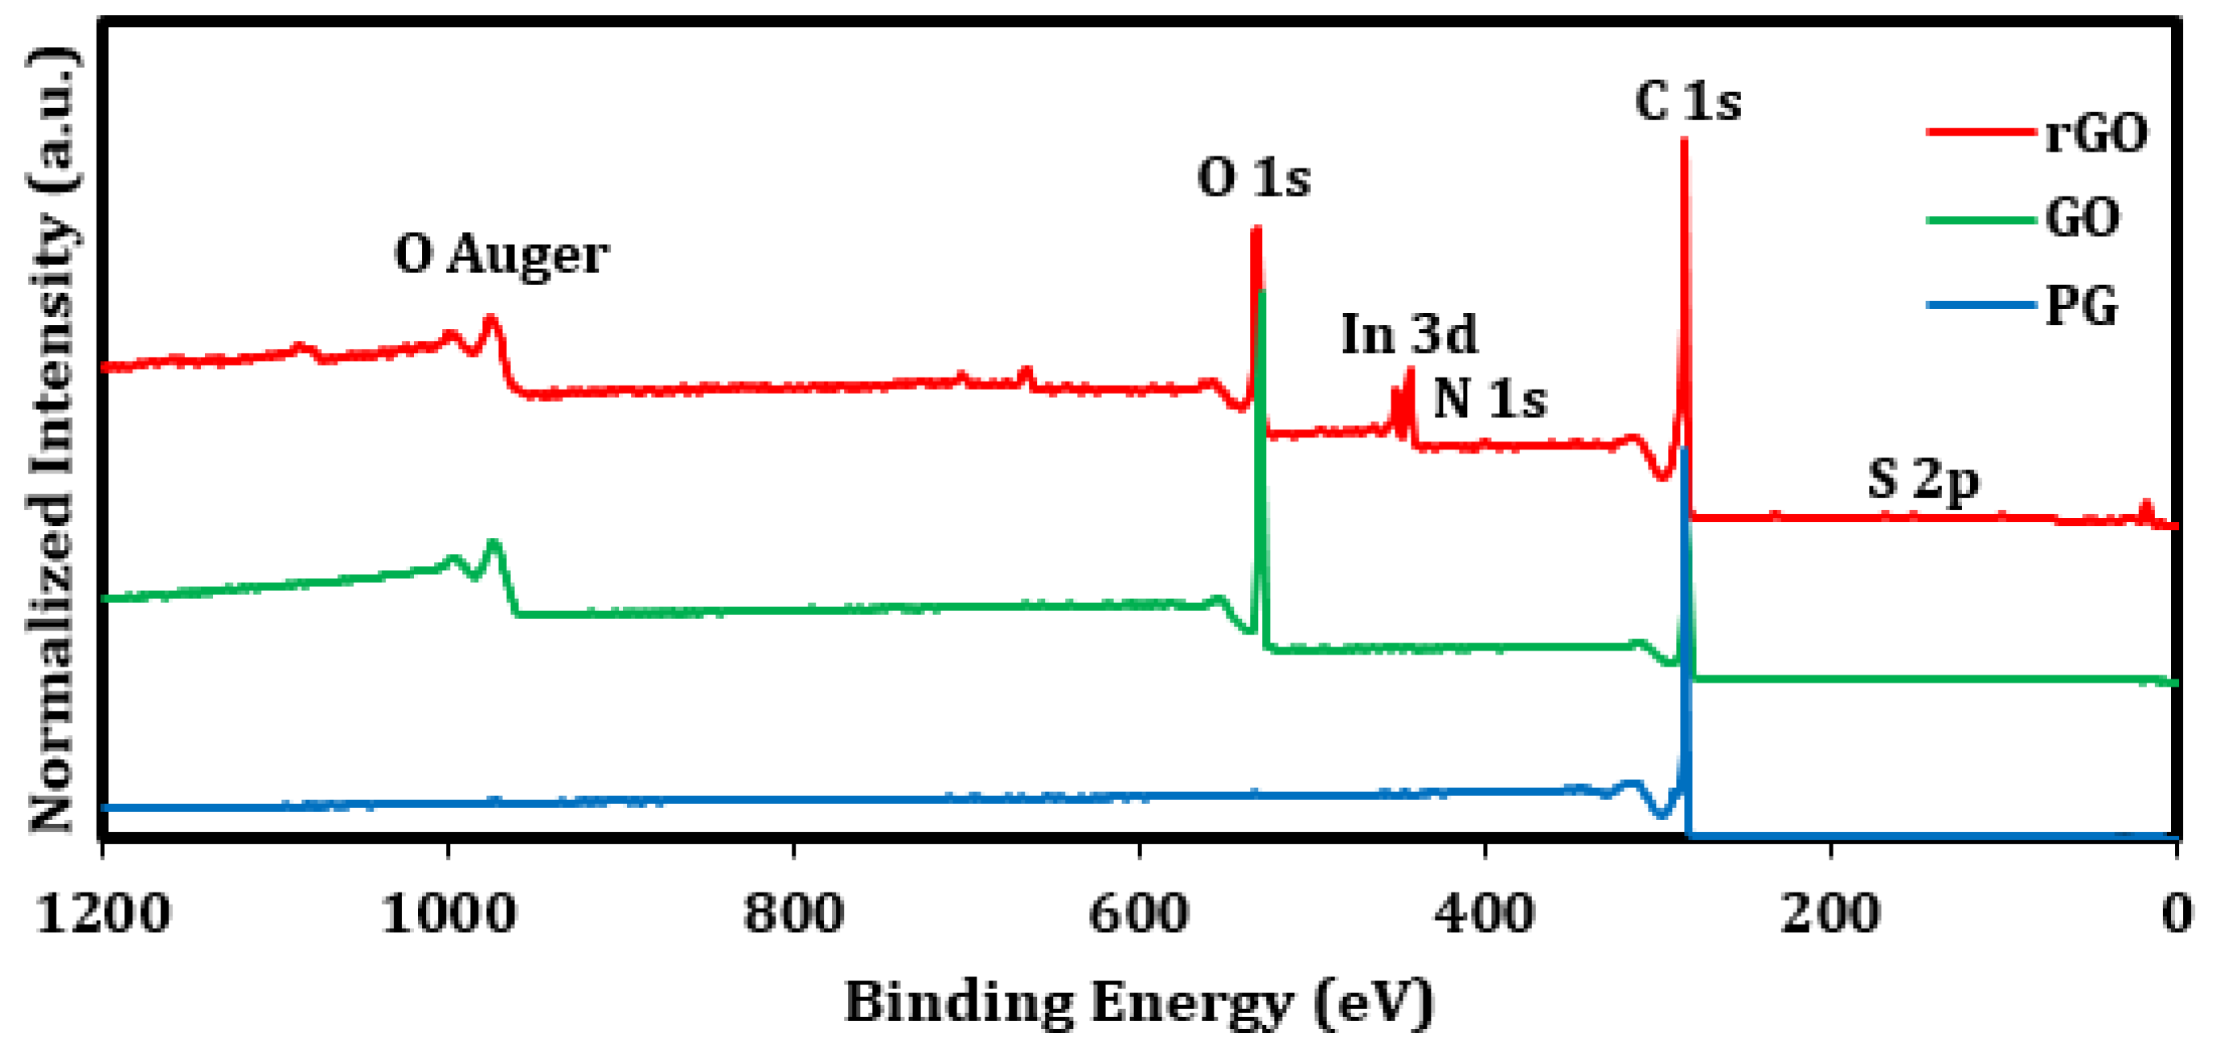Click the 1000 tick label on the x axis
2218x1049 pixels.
click(x=448, y=913)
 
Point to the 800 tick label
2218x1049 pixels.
click(x=794, y=913)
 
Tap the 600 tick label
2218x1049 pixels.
click(x=1139, y=913)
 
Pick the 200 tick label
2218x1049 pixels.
click(x=1830, y=913)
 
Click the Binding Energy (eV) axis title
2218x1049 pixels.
click(x=1139, y=1003)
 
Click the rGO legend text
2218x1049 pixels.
click(x=2097, y=133)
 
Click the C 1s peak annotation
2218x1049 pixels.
click(x=1687, y=102)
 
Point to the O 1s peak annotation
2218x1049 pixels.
click(x=1253, y=178)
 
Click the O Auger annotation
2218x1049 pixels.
click(x=502, y=255)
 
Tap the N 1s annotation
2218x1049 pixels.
click(x=1490, y=398)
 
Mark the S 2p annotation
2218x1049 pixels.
click(x=1924, y=480)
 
